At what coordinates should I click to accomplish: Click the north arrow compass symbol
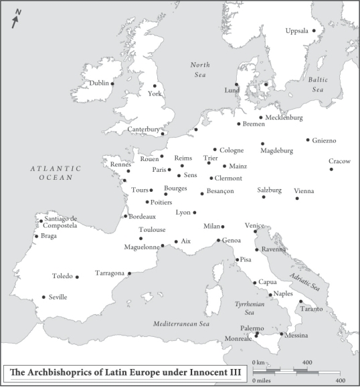pos(15,20)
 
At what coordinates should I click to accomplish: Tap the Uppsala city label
pos(297,31)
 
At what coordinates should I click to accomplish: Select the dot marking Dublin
pos(112,84)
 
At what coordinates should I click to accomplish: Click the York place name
pos(155,94)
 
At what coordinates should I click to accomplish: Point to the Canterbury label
pos(144,129)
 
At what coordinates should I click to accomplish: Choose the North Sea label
pos(200,69)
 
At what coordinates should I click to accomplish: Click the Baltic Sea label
pos(317,84)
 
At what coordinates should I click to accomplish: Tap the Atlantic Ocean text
pos(56,173)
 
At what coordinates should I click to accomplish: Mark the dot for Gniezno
pos(308,140)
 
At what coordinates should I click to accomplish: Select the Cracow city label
pos(339,161)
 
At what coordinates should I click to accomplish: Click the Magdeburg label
pos(277,151)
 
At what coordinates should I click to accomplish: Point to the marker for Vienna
pos(297,198)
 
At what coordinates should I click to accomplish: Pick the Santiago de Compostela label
pos(61,222)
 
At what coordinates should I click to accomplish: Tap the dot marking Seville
pos(43,297)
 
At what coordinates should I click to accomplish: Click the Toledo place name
pos(63,276)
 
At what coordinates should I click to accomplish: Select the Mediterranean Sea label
pos(181,324)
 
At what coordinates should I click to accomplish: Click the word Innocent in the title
pos(201,372)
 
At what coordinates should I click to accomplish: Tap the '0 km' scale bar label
pos(258,363)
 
